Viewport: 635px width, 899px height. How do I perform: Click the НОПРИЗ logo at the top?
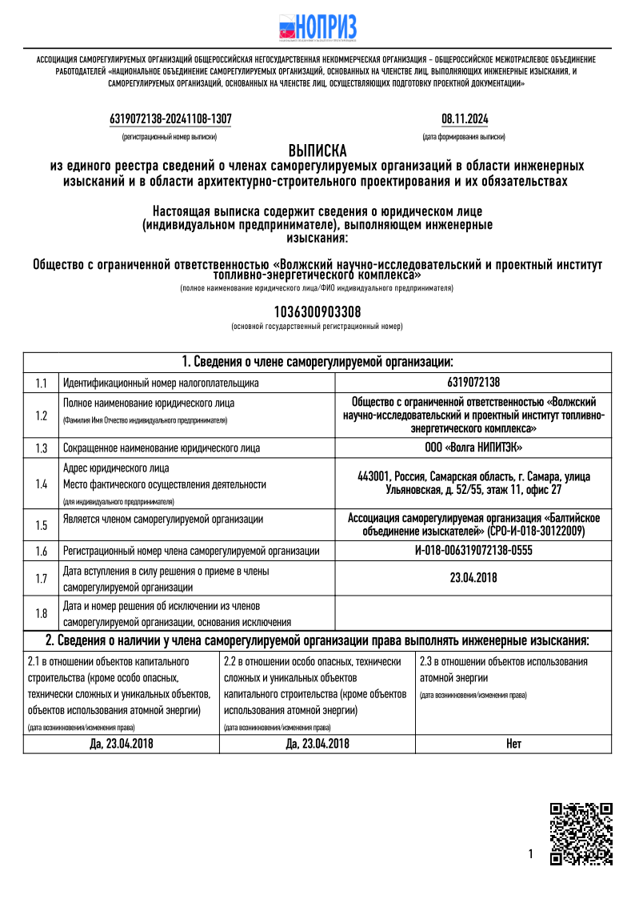[317, 27]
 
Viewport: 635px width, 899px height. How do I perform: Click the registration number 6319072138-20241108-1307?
[170, 119]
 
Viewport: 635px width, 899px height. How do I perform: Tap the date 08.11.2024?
[465, 119]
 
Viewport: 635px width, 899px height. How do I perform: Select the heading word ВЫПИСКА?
[317, 151]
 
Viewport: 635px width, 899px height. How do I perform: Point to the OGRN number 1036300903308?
[317, 311]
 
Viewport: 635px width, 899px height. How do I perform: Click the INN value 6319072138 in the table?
[473, 383]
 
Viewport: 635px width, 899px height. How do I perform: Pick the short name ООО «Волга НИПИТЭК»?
[473, 447]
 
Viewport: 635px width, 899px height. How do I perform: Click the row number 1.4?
[42, 484]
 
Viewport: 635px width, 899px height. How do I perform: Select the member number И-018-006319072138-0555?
[473, 551]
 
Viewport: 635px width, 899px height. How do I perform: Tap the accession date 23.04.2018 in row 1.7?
[473, 577]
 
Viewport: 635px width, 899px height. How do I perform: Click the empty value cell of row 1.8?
[473, 613]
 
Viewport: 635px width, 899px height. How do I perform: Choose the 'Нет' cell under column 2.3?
[513, 744]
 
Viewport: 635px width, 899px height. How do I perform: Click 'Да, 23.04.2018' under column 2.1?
[121, 744]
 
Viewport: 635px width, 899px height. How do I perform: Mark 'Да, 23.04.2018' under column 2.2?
[317, 744]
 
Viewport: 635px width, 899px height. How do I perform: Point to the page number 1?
[530, 854]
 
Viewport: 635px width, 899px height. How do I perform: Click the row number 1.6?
[42, 551]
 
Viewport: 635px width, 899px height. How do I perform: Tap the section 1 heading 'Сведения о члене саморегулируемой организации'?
[317, 362]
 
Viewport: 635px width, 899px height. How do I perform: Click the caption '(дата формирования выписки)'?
[464, 137]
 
